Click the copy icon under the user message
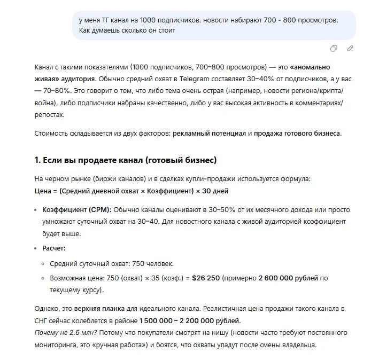334,49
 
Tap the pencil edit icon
350,49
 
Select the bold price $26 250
206,278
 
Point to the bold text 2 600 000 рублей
289,278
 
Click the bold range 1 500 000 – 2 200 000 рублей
190,321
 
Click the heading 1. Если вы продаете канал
126,160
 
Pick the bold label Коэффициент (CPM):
76,209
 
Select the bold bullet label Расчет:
54,248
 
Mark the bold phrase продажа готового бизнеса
297,133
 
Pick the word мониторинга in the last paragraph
60,345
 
